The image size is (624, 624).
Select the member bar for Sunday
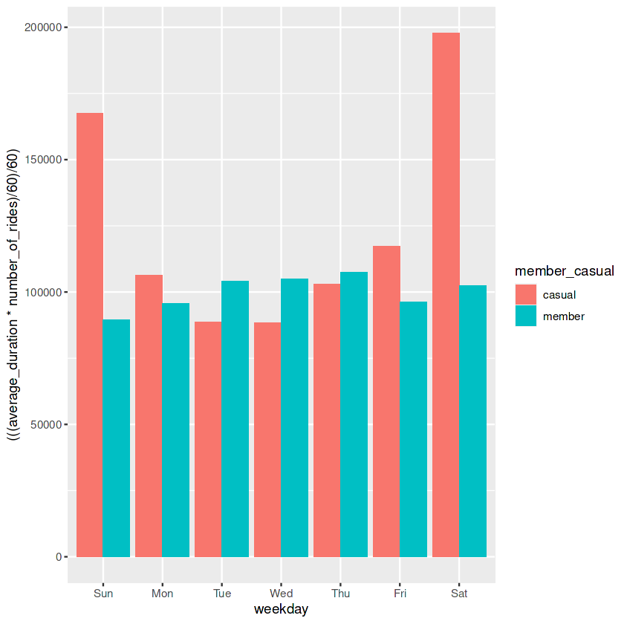click(117, 438)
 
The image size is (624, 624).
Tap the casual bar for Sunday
click(90, 335)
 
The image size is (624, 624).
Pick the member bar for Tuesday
click(235, 419)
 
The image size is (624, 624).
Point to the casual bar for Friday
click(386, 401)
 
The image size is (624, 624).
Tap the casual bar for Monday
click(149, 416)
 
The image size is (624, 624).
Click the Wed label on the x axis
click(281, 594)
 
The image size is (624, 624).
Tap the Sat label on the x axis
click(459, 594)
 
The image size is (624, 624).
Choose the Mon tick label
click(162, 594)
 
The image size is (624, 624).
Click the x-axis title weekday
click(281, 610)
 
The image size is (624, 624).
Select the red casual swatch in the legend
click(525, 294)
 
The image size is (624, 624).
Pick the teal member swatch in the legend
click(525, 316)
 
